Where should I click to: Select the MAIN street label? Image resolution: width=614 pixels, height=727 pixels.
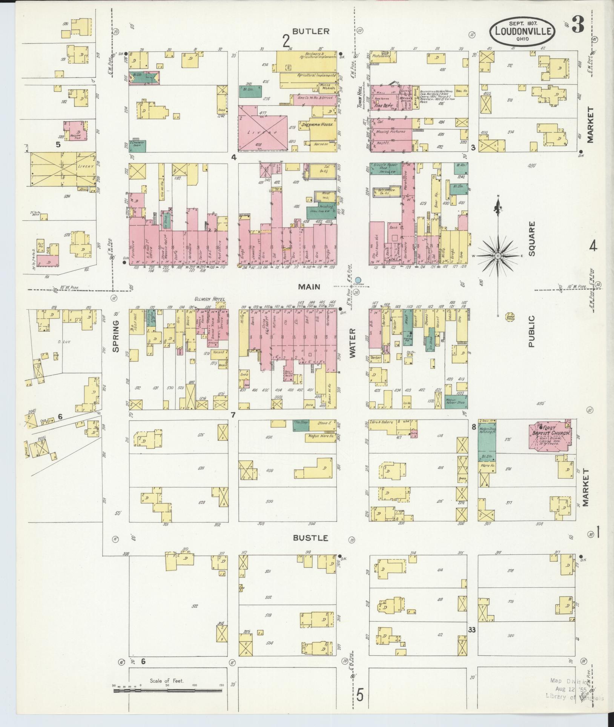point(309,287)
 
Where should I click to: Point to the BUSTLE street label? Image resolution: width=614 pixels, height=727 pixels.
point(311,538)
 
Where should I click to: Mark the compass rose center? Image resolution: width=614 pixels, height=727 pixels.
point(498,256)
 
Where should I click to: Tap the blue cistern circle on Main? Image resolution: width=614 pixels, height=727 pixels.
point(358,280)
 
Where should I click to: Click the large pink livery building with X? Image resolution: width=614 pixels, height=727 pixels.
point(263,128)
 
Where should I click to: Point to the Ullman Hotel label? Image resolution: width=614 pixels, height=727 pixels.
point(210,299)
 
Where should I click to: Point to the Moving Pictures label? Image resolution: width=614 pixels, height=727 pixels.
point(390,132)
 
